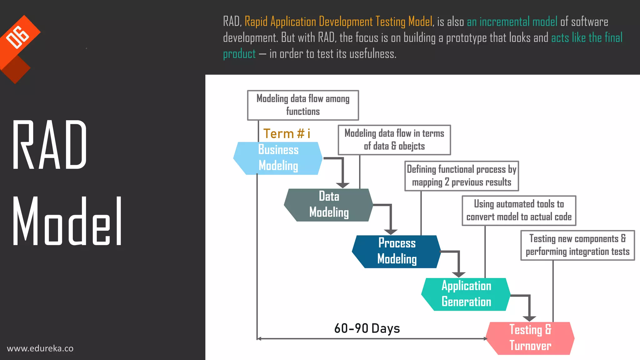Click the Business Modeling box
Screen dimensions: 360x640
click(x=278, y=158)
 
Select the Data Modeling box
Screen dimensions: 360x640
click(x=328, y=205)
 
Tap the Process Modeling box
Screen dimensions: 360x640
click(x=397, y=252)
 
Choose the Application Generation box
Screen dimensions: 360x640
click(x=466, y=294)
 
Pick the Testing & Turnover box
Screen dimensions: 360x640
click(x=530, y=338)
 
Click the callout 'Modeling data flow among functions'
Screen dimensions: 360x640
click(x=303, y=105)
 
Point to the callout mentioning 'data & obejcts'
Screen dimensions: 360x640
click(x=394, y=140)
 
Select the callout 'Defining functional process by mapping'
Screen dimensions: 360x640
click(x=462, y=176)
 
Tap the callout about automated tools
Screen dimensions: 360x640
click(x=519, y=211)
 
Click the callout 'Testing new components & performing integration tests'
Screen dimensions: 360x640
click(x=577, y=245)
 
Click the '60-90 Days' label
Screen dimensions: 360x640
click(x=367, y=328)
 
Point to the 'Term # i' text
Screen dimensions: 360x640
click(x=287, y=134)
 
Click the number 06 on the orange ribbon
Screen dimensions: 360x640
click(x=18, y=37)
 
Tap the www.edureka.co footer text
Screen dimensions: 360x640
click(x=40, y=348)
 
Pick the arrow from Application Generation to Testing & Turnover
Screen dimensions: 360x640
click(x=529, y=306)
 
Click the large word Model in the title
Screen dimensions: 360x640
click(x=67, y=221)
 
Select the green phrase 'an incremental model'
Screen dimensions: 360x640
click(x=512, y=22)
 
